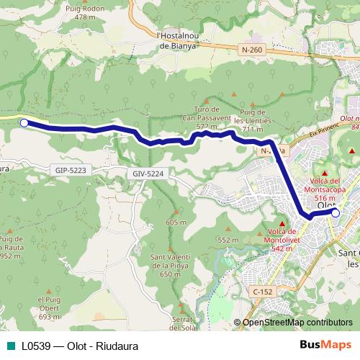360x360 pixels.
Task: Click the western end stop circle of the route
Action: [x=24, y=123]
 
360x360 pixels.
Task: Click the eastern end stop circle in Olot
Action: [x=335, y=212]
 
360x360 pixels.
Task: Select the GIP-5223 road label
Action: [x=70, y=170]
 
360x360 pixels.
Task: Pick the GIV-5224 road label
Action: [x=148, y=174]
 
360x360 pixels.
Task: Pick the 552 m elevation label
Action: [x=228, y=240]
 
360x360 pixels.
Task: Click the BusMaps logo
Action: [x=325, y=345]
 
